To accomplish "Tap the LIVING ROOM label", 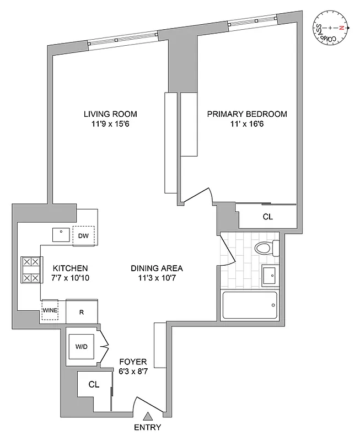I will [110, 114].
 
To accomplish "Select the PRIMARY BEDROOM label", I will [247, 114].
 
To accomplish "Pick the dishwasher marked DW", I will [84, 236].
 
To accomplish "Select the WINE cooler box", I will [50, 311].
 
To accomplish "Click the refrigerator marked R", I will [82, 312].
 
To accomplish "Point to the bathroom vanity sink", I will [270, 275].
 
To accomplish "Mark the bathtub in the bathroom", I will [249, 305].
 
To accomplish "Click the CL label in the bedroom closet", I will [267, 217].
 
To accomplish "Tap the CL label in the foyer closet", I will [94, 385].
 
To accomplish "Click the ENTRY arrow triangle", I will [148, 417].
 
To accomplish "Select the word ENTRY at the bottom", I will [148, 428].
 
